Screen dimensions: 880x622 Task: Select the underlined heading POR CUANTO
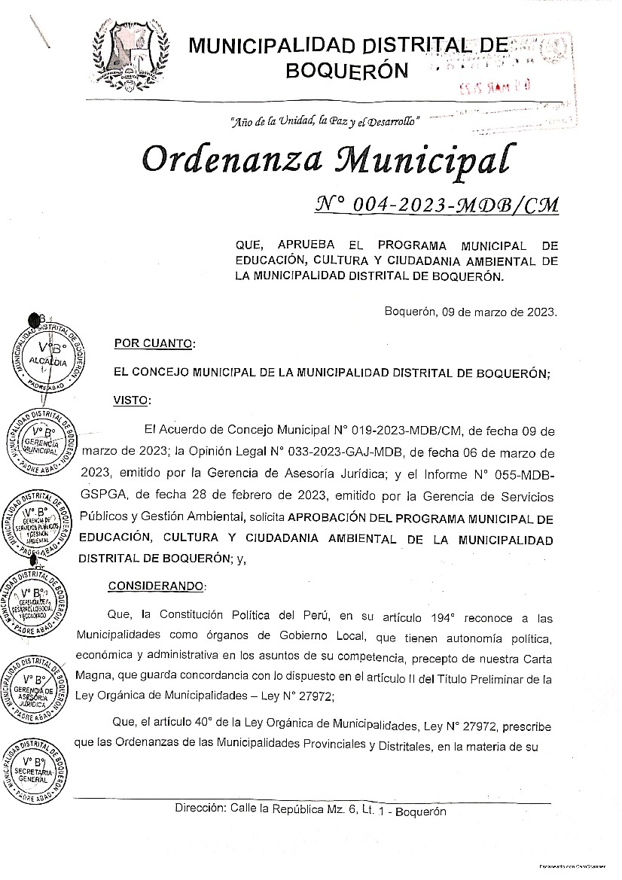pos(154,344)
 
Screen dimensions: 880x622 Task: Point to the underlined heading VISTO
pos(133,400)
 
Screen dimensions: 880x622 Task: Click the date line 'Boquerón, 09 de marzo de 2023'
pos(471,312)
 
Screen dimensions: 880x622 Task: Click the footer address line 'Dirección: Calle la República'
pos(310,811)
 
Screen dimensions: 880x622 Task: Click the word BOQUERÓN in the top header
pos(347,71)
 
